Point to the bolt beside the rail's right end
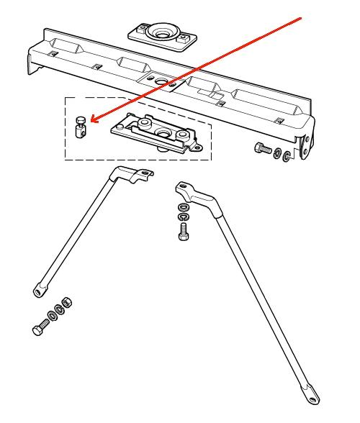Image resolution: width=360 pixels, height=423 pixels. point(262,150)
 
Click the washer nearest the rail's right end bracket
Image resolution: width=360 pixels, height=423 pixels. point(287,155)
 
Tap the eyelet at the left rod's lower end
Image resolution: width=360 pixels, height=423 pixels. point(37,292)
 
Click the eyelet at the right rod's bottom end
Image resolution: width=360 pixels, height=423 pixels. point(311,394)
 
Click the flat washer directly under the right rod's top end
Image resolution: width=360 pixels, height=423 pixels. point(182,208)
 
